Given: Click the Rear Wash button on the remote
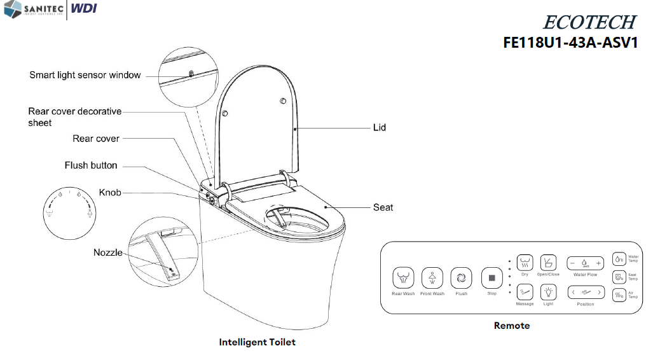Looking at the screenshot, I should click(403, 278).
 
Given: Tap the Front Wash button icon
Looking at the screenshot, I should click(432, 278).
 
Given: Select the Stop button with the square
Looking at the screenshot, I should click(491, 278).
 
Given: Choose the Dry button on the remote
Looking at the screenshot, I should click(525, 262).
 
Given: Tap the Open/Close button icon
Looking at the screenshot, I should click(548, 262).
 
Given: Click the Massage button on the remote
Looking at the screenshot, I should click(525, 292).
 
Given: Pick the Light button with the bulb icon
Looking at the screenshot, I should click(548, 292).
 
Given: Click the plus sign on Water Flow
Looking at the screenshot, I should click(598, 263).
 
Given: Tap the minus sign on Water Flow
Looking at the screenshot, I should click(572, 263).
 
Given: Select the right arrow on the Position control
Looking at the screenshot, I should click(599, 293).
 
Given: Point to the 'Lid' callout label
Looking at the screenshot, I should click(379, 128).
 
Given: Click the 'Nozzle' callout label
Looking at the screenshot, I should click(108, 253).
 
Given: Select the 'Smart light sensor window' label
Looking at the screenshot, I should click(85, 75).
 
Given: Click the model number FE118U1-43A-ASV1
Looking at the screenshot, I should click(570, 43).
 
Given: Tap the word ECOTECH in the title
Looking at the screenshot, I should click(588, 22).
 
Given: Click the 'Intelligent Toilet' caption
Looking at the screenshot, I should click(257, 342).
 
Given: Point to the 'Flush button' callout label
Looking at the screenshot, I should click(91, 165).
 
